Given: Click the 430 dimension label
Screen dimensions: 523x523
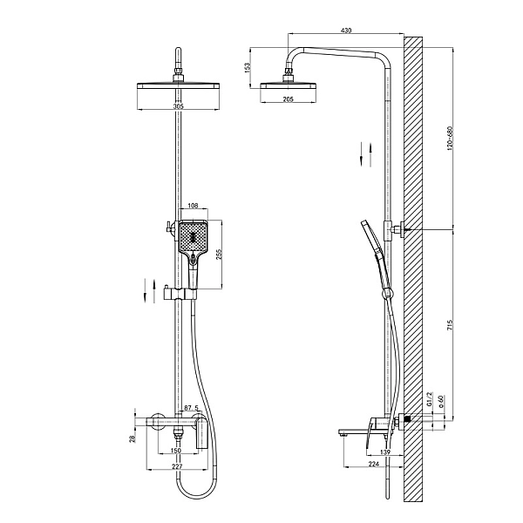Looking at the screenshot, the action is point(346,31).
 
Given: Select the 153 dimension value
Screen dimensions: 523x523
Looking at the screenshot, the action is point(248,68).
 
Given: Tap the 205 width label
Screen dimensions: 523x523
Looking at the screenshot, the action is point(288,99).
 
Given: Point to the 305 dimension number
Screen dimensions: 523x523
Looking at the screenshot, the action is point(179,106).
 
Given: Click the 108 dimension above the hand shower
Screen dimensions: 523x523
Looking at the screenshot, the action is point(194,206).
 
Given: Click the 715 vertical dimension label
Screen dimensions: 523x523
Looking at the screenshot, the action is point(449,324).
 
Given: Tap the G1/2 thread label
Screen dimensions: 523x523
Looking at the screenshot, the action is point(430,398).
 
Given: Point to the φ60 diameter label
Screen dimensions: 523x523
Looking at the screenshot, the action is point(440,401).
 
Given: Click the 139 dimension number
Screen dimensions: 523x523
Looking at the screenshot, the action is point(385,452).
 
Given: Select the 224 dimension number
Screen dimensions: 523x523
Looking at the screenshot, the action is point(374,464).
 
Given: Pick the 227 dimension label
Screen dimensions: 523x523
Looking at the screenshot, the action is point(178,466).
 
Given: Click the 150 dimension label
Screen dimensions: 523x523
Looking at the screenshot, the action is point(176,451).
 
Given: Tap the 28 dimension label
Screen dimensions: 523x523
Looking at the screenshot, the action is point(132,438).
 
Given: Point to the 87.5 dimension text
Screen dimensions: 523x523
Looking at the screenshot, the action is point(191,408).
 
